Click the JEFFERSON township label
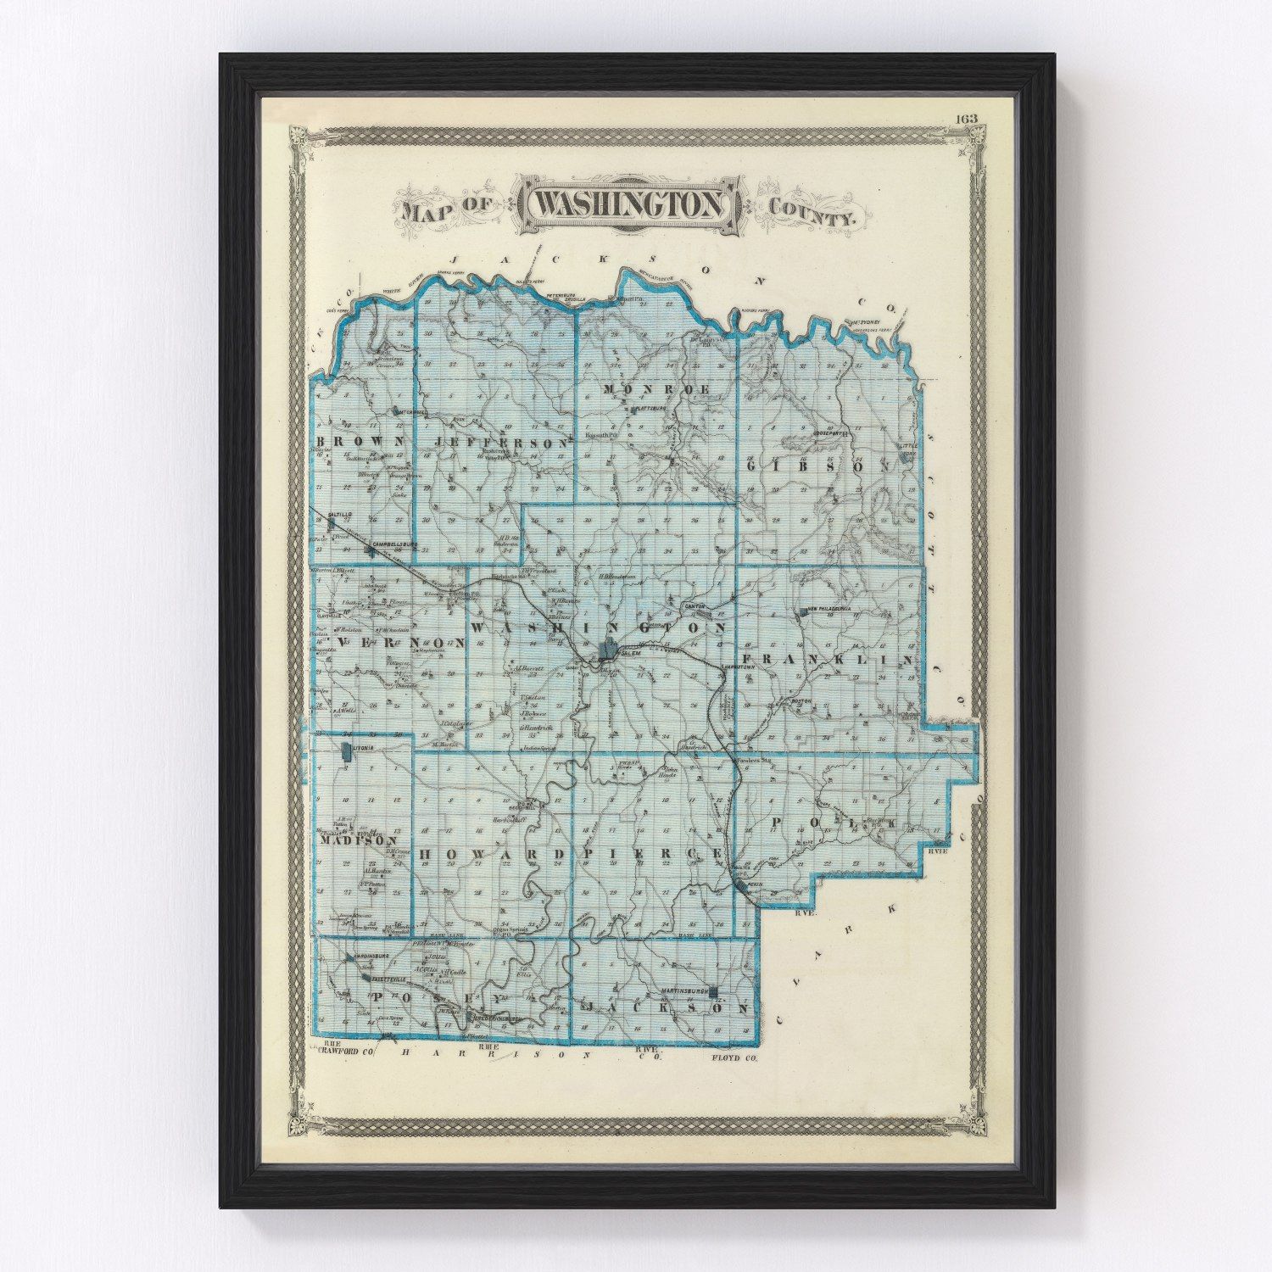click(x=500, y=444)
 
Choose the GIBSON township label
click(x=816, y=466)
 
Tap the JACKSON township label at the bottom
click(x=667, y=1010)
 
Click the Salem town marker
click(x=608, y=651)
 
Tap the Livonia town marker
click(x=345, y=750)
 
